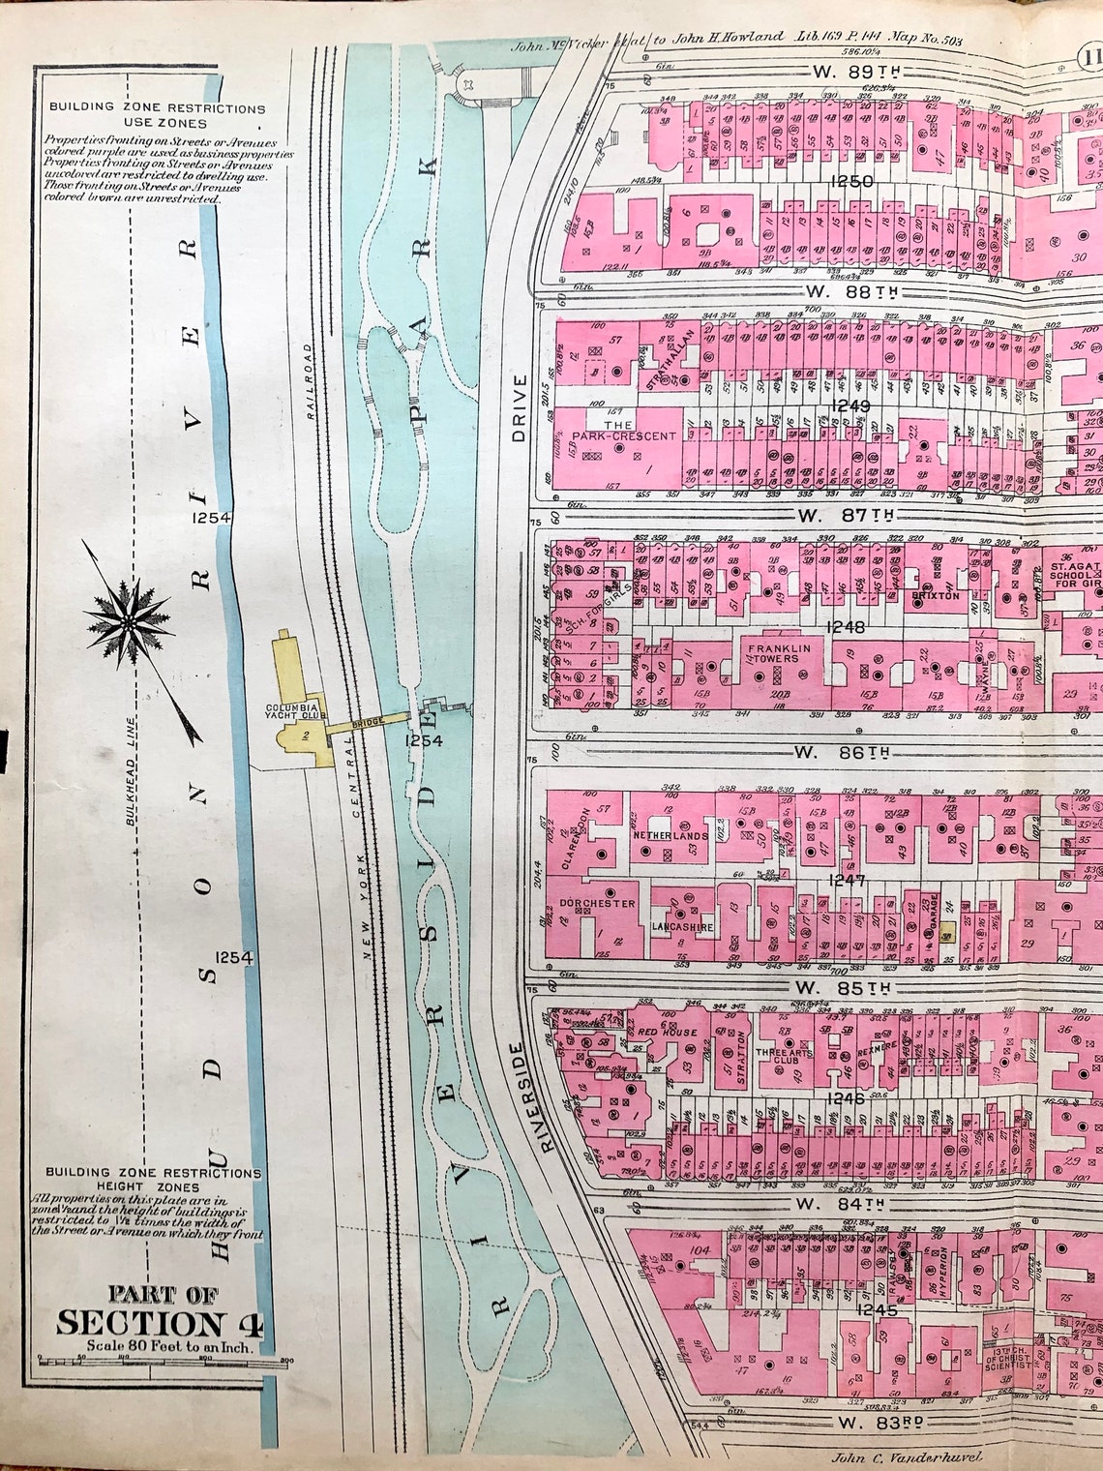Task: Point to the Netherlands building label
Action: tap(670, 834)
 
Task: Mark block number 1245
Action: tap(857, 1311)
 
